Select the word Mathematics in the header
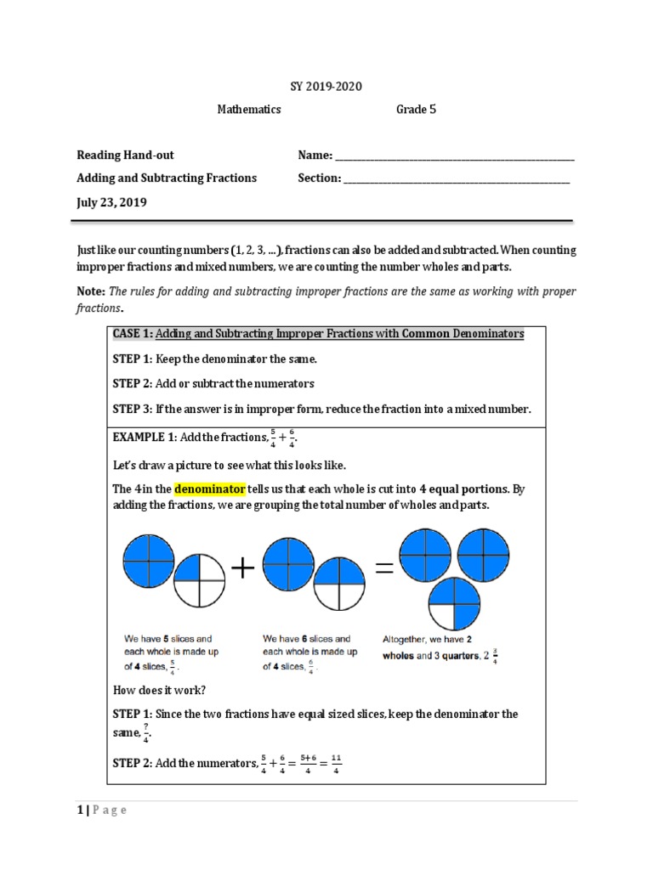[250, 110]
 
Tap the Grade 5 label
[416, 110]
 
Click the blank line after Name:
[455, 157]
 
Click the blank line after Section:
[457, 179]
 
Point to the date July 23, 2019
[111, 202]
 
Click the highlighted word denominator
[210, 489]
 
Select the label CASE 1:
[133, 334]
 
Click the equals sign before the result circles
[383, 568]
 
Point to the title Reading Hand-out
[125, 155]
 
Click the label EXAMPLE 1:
[145, 438]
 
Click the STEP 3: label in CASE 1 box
[132, 409]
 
